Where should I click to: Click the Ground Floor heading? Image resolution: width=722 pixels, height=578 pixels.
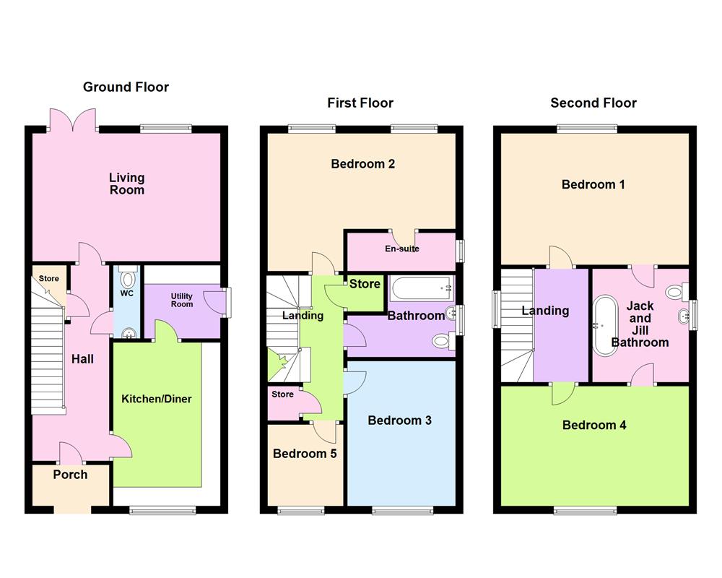pos(126,87)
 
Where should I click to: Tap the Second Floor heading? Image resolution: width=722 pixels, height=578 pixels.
pos(593,103)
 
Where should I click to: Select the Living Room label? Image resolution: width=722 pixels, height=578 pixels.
pos(126,184)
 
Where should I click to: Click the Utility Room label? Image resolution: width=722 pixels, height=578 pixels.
pos(181,300)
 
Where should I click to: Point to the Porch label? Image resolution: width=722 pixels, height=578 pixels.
pos(70,475)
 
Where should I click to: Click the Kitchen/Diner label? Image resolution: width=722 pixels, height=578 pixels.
pos(157,399)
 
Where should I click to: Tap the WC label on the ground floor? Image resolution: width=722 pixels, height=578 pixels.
pos(127,294)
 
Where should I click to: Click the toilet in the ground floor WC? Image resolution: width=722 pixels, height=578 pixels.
pos(128,279)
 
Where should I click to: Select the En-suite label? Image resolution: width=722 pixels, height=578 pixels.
pos(402,249)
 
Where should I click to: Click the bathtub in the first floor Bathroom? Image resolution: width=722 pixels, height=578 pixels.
pos(421,288)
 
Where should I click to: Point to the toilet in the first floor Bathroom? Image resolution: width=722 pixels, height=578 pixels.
pos(442,340)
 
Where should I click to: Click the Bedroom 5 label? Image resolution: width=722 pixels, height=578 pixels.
pos(305,454)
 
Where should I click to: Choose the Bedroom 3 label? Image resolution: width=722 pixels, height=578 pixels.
pos(399,420)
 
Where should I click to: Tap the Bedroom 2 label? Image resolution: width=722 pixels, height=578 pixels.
pos(362,164)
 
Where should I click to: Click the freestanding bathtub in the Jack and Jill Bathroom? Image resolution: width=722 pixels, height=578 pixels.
pos(604,325)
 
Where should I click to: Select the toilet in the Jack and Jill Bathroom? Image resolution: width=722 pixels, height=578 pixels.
pos(675,293)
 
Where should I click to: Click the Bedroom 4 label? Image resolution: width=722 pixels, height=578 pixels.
pos(594,426)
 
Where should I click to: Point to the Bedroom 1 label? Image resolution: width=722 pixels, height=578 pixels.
pos(593,185)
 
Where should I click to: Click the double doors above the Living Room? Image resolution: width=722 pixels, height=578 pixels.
pos(73,120)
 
